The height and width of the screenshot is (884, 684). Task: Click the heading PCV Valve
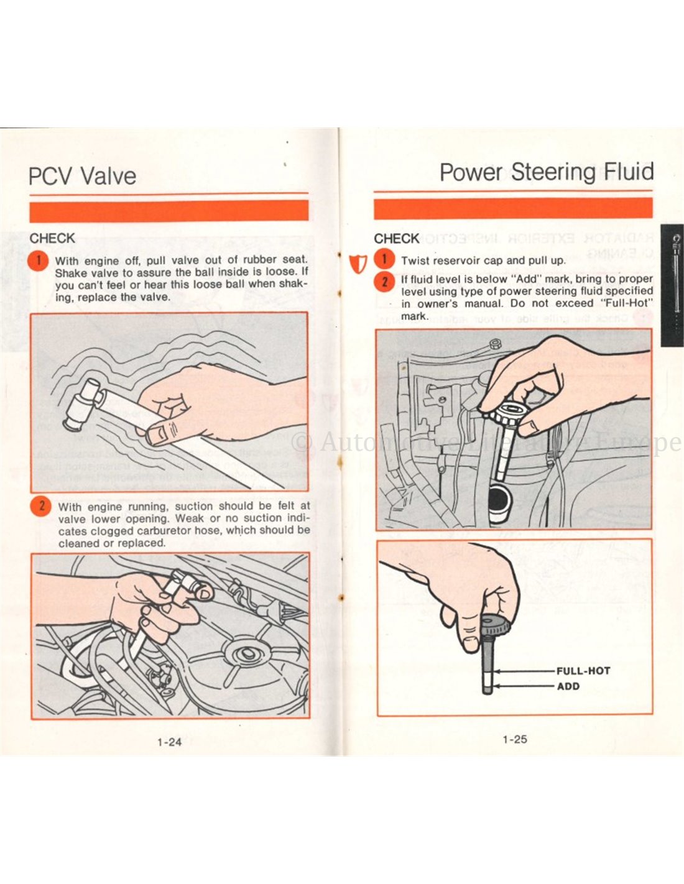[82, 176]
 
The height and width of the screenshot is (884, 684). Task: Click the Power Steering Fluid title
[547, 172]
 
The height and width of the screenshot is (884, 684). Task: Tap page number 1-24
[169, 742]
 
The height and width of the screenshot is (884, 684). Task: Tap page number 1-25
[515, 739]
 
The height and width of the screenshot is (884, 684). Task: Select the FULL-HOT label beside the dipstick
[583, 671]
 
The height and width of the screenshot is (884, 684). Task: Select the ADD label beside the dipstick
[568, 686]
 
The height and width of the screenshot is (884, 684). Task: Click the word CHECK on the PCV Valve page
[52, 238]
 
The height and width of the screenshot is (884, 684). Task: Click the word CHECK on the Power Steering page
[397, 238]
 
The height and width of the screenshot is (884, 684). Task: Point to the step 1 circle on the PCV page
[39, 260]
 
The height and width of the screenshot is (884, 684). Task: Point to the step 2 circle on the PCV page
[40, 507]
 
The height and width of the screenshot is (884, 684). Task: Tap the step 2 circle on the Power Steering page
[384, 281]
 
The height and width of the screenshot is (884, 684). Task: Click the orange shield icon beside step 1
[359, 263]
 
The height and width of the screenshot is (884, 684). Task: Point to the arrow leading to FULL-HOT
[525, 671]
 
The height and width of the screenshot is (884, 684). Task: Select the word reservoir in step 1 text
[455, 260]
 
